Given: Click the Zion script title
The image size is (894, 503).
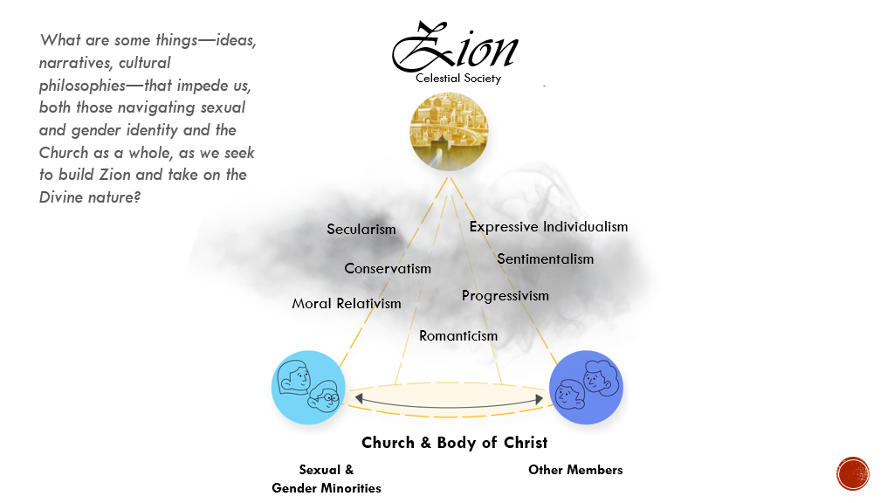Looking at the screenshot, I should tap(454, 48).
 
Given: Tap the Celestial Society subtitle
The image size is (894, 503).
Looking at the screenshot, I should tap(458, 79).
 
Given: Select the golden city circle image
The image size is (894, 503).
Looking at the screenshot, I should tap(449, 132).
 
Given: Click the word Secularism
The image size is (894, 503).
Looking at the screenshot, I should tap(361, 230).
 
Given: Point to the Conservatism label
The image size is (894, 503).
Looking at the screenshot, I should tap(388, 269).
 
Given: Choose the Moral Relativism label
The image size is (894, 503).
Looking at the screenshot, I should tap(347, 304).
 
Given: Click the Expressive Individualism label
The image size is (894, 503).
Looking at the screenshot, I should tap(548, 227).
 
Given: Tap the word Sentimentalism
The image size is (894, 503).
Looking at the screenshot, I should tap(545, 258).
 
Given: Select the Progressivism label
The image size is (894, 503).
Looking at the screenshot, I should tap(505, 296).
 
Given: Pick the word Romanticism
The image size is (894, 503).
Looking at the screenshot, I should tap(458, 336).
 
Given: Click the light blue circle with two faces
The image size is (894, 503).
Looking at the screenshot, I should tap(308, 388).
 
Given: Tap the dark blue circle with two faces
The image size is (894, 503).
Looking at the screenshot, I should tap(586, 388).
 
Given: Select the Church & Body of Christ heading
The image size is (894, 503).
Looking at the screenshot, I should tap(455, 443).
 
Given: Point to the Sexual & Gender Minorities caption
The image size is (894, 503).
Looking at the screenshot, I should tap(327, 479).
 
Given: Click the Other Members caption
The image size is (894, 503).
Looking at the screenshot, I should tap(575, 470).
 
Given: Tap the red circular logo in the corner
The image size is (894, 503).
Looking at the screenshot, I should tap(853, 473).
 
